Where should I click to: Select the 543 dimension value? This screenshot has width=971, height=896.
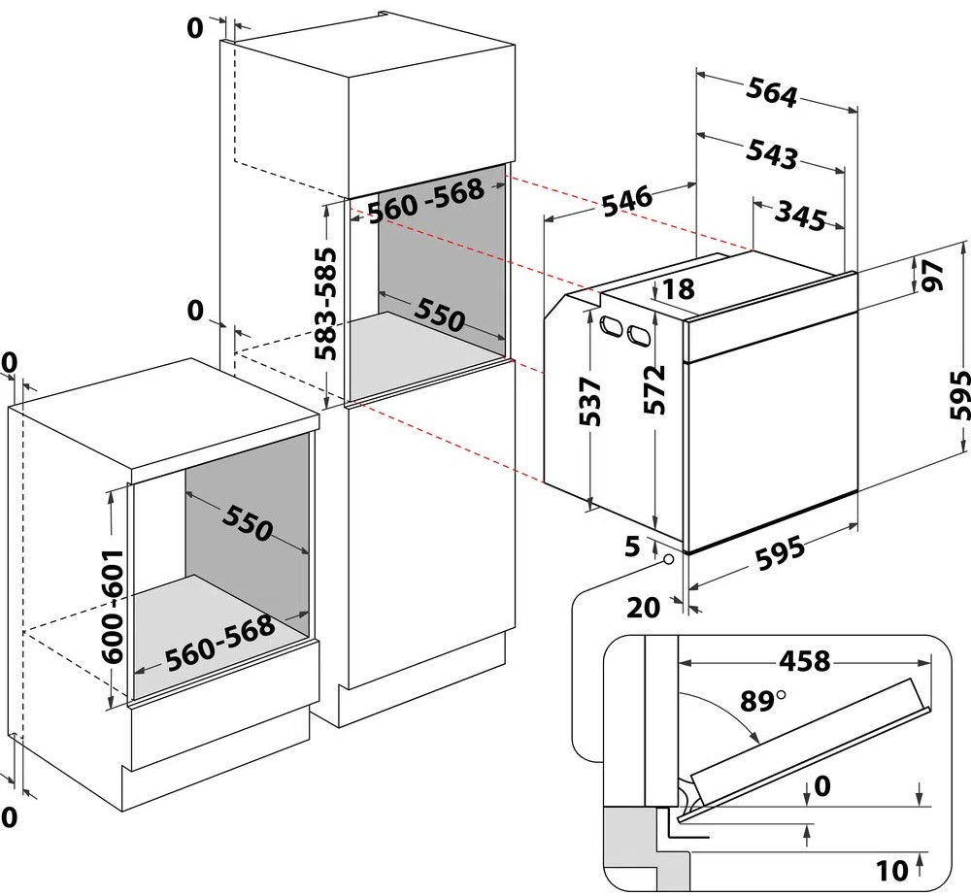click(x=772, y=154)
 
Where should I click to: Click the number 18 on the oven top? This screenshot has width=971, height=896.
click(x=681, y=288)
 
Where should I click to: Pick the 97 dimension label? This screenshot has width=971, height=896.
click(x=933, y=277)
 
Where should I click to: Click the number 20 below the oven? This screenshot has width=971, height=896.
click(x=645, y=608)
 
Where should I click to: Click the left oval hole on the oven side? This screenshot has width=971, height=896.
click(x=613, y=326)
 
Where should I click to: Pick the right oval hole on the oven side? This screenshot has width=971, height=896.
click(x=638, y=335)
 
